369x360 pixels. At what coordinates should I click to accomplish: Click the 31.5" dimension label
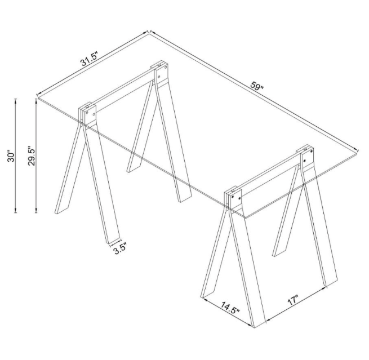click(88, 59)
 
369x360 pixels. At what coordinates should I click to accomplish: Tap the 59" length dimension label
click(257, 86)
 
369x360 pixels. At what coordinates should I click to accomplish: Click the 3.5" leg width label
click(119, 248)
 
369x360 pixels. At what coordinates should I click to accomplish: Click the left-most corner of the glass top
click(37, 98)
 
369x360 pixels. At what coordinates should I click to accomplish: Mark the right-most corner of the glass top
click(359, 149)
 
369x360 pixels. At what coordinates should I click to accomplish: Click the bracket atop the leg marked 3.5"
click(87, 113)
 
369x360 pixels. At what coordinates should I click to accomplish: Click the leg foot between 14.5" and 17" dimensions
click(257, 321)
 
